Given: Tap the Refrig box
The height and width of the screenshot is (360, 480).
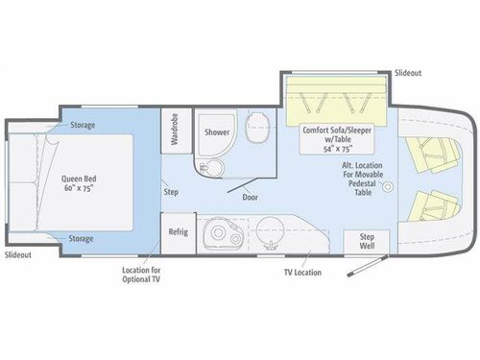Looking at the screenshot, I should [x=178, y=231].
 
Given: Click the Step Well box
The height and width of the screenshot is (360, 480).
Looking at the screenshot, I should [x=366, y=241].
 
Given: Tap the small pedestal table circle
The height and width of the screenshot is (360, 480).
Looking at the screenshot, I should [x=388, y=189].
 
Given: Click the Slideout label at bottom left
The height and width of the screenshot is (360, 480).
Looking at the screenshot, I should [x=18, y=255].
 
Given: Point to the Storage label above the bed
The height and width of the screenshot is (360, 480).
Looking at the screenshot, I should [x=82, y=125].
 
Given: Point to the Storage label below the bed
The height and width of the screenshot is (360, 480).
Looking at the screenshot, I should [x=82, y=237].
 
